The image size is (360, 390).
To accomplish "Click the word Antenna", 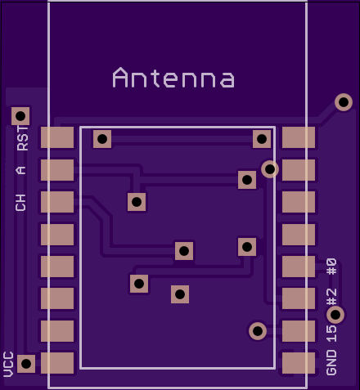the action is click(173, 78).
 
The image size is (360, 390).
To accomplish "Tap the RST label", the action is click(22, 138).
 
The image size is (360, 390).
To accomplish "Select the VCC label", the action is click(8, 365).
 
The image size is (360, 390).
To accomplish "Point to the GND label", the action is click(331, 363).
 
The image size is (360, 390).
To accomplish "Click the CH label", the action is click(20, 203).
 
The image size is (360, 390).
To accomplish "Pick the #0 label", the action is click(331, 267).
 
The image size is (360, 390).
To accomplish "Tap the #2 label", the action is click(331, 297).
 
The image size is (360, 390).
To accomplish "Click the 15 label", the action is click(331, 334).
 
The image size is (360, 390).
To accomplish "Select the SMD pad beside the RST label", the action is click(57, 137).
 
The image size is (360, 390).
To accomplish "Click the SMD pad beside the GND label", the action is click(299, 363).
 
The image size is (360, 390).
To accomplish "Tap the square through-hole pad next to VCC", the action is click(26, 364).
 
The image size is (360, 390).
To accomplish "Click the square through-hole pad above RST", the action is click(20, 116).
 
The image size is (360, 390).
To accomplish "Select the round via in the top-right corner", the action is click(344, 102).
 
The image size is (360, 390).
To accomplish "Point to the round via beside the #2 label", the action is click(335, 315).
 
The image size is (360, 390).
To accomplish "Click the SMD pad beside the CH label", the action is click(57, 202).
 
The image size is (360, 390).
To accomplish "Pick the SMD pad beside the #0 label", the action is click(299, 267).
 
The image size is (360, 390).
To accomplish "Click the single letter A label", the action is click(20, 170).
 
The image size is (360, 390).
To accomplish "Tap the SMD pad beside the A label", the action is click(57, 170).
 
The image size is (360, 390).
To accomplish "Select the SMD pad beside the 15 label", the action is click(299, 331).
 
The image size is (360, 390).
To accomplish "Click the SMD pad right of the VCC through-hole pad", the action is click(57, 363).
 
